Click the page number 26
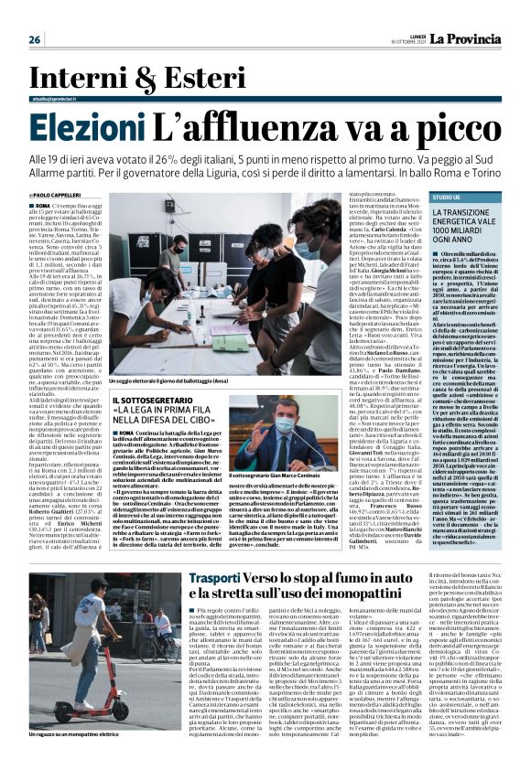click(35, 39)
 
